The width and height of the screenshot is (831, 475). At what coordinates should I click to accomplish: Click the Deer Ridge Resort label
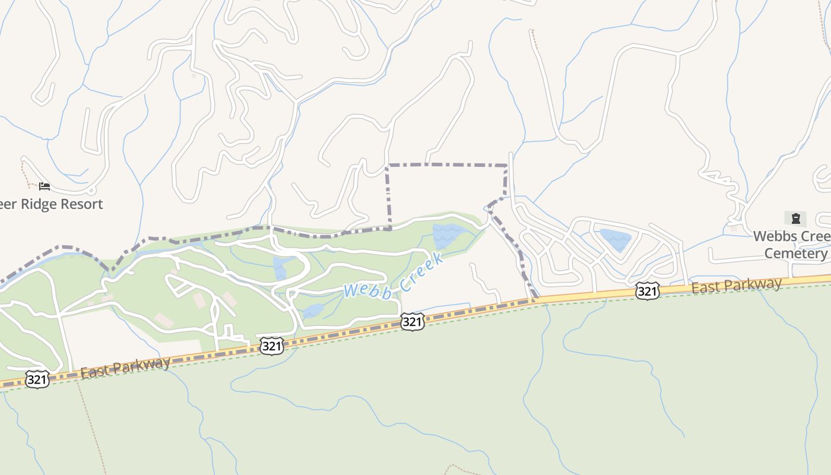[52, 204]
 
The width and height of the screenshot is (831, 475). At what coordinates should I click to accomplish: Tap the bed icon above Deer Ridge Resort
[45, 186]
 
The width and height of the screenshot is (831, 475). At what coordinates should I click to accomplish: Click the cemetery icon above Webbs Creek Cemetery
[795, 218]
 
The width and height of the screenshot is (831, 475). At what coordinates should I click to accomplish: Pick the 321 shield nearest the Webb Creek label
[412, 321]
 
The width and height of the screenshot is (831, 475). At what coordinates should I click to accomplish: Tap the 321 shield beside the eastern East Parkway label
[647, 290]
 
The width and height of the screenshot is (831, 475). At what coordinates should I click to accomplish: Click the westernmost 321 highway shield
[37, 379]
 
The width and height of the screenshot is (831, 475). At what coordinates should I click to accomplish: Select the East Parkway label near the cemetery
[736, 286]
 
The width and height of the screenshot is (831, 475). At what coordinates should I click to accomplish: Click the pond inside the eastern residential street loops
[616, 239]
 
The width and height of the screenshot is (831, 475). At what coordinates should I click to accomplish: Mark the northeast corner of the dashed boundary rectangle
[506, 165]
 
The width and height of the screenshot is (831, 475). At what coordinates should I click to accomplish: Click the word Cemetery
[795, 254]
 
